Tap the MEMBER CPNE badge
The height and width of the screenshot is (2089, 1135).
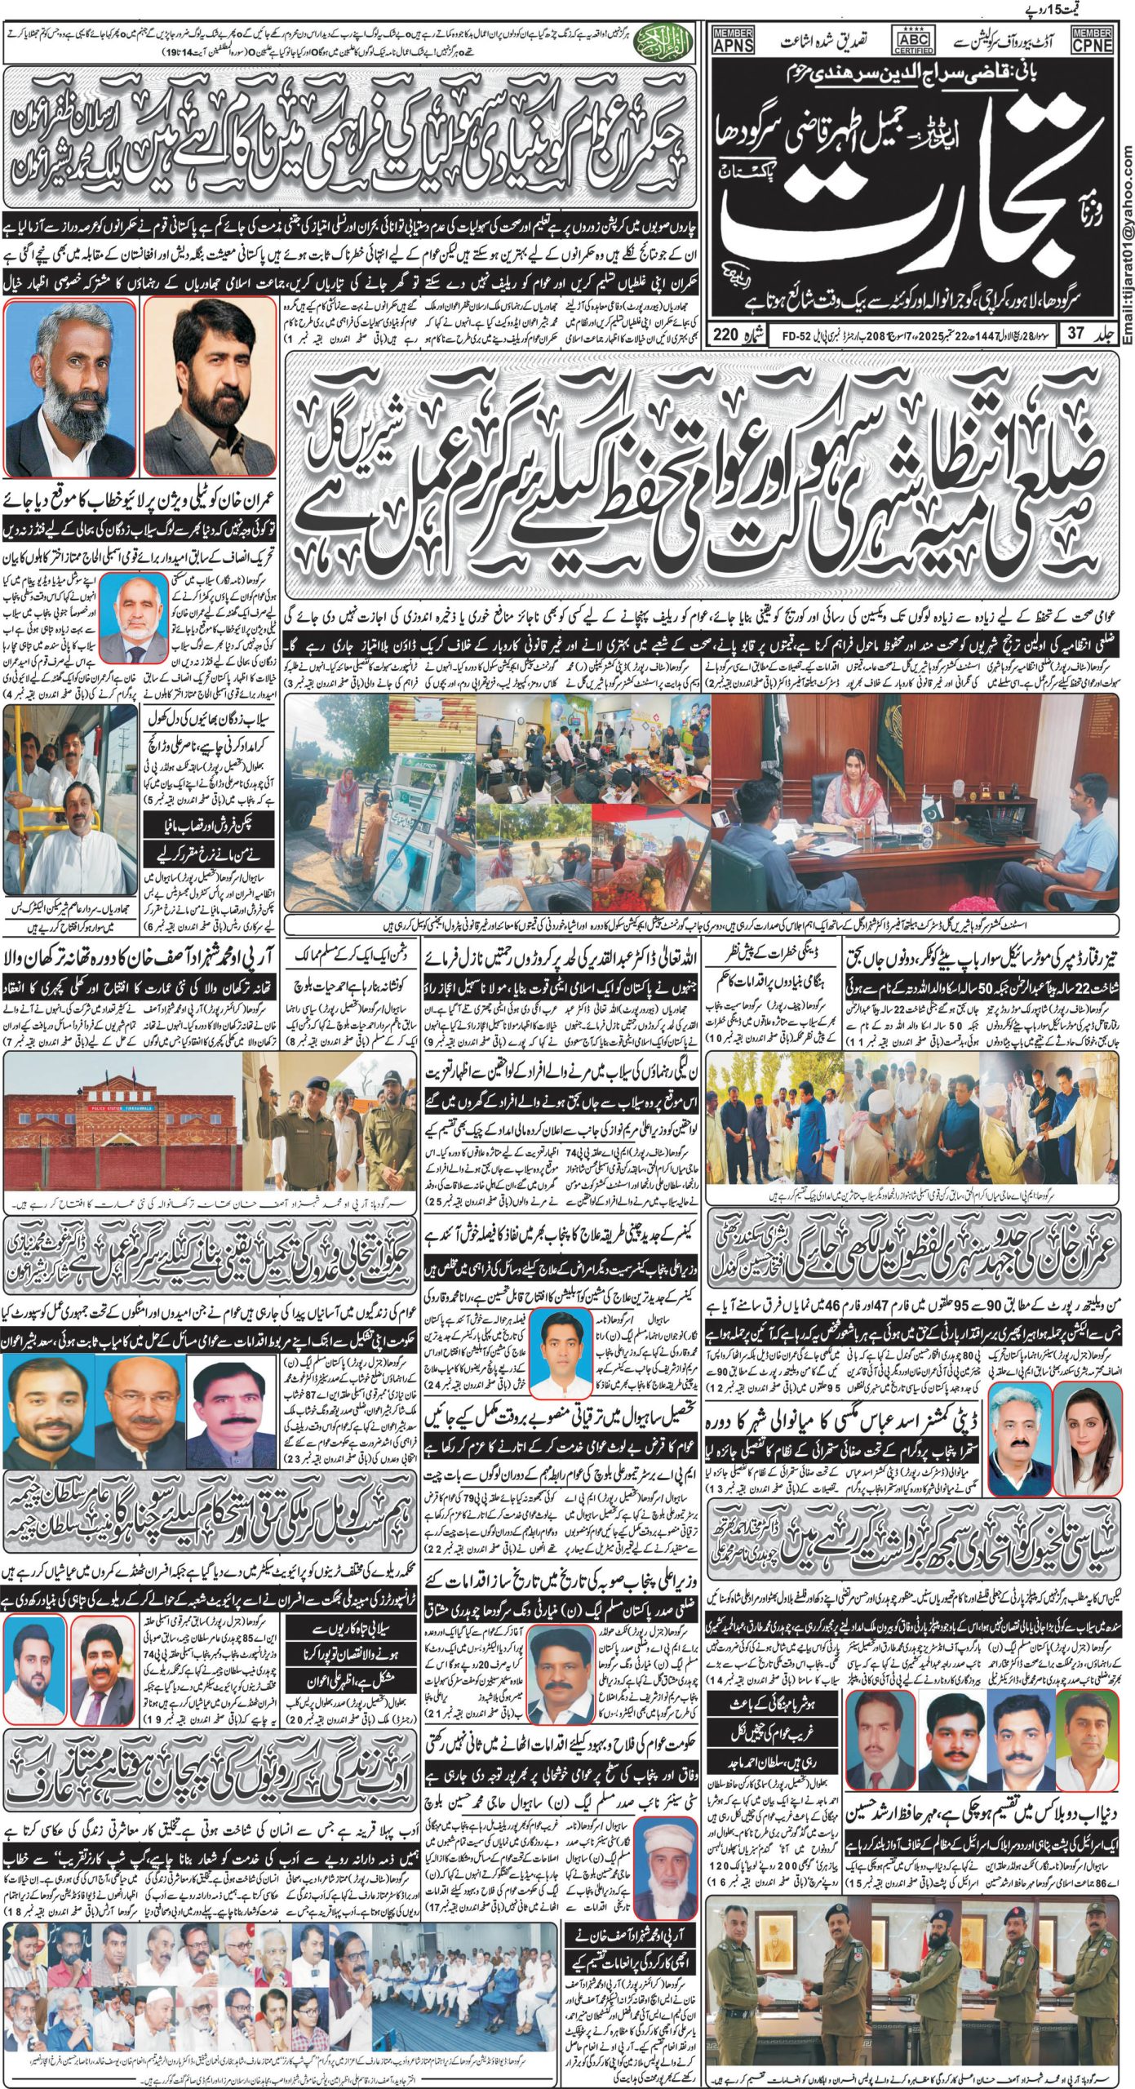coord(1092,38)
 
